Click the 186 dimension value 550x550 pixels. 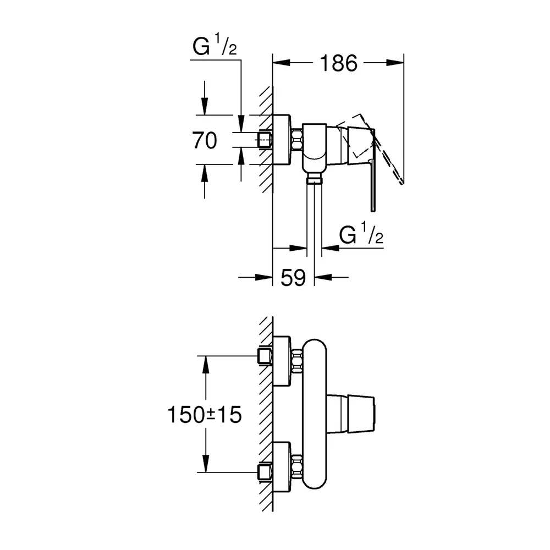tap(338, 63)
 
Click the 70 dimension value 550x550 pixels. tap(205, 140)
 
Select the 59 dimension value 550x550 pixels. tap(293, 278)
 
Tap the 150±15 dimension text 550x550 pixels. tap(205, 415)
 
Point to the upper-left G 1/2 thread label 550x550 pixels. tap(215, 45)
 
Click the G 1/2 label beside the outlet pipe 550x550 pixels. tap(361, 233)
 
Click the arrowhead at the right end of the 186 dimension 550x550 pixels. tap(395, 63)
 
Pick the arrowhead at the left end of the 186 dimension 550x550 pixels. tap(282, 63)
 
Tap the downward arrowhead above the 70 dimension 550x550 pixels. tap(205, 106)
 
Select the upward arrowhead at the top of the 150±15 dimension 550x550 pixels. tap(206, 365)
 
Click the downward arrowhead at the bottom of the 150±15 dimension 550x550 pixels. tap(206, 464)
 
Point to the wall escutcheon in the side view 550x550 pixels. tap(282, 140)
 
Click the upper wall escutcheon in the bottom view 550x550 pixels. tap(282, 361)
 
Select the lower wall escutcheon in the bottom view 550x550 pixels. tap(282, 466)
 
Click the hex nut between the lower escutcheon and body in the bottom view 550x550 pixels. tap(297, 466)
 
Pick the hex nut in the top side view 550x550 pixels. tap(297, 140)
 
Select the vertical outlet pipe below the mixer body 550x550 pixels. tap(315, 217)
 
